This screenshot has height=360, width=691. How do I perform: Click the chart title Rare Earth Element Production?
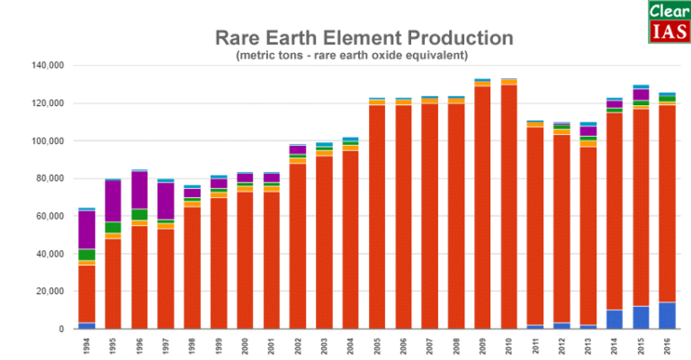pyautogui.click(x=363, y=39)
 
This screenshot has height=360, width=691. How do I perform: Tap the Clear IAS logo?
pyautogui.click(x=668, y=22)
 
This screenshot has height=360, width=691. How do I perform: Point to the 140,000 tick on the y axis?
pyautogui.click(x=47, y=66)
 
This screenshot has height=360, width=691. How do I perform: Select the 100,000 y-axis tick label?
pyautogui.click(x=47, y=141)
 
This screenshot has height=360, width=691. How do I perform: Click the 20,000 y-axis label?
pyautogui.click(x=49, y=292)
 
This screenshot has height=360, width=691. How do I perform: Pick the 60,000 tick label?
pyautogui.click(x=49, y=216)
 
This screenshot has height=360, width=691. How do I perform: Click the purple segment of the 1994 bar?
pyautogui.click(x=87, y=229)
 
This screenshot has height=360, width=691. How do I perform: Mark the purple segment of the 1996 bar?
pyautogui.click(x=139, y=190)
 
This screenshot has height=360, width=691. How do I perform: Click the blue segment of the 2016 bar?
pyautogui.click(x=668, y=315)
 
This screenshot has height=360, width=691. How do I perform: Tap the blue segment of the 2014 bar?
pyautogui.click(x=615, y=319)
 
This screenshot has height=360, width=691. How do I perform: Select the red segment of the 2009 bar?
pyautogui.click(x=483, y=207)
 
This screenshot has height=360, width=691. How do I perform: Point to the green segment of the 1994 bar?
pyautogui.click(x=87, y=255)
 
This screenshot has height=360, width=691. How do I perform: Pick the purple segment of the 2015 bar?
pyautogui.click(x=641, y=94)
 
